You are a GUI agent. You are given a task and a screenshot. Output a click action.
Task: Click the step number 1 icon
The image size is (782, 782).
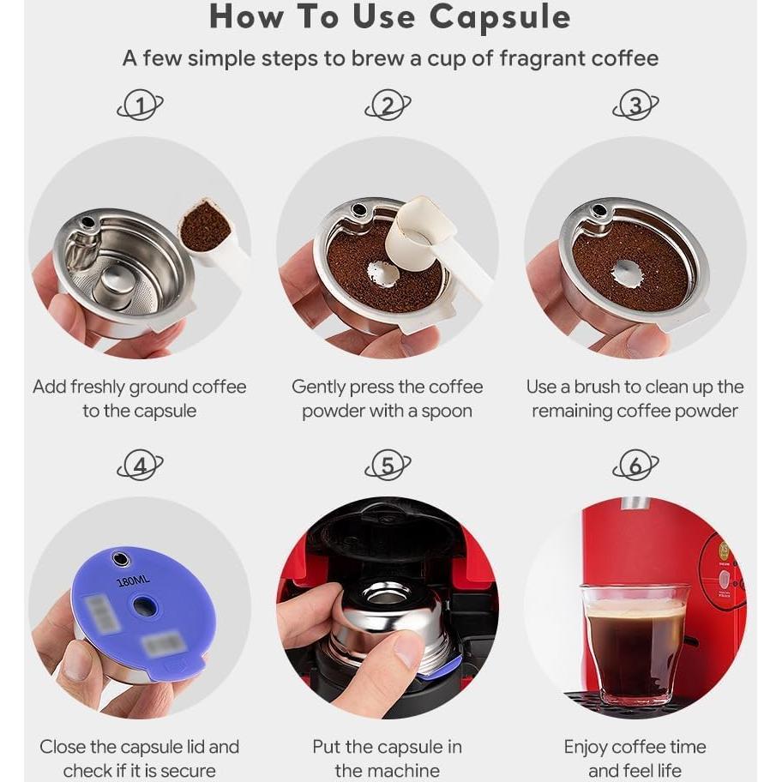(x=140, y=106)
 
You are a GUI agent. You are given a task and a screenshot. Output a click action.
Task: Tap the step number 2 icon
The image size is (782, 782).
(x=388, y=106)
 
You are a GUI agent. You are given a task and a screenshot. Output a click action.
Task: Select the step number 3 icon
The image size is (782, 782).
(x=635, y=106)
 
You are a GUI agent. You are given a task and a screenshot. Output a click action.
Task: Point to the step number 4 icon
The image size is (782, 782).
(x=140, y=466)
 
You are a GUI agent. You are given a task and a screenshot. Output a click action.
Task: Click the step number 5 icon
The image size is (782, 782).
(x=388, y=466)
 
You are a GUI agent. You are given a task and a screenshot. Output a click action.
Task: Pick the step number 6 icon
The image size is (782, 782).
(x=635, y=466)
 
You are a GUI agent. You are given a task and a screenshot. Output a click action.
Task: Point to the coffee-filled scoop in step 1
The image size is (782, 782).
(x=206, y=227)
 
